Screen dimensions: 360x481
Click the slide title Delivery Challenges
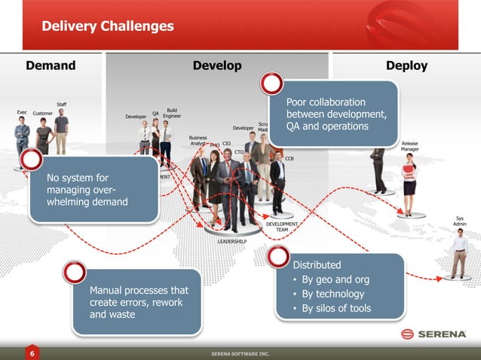[x=108, y=27]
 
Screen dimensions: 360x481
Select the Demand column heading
[x=51, y=66]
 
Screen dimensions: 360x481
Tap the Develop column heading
[x=217, y=66]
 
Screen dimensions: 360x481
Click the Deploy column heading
[x=406, y=66]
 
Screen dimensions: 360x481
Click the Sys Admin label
[x=460, y=221]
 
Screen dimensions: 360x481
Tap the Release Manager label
[x=410, y=146]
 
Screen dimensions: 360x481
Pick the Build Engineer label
[x=172, y=113]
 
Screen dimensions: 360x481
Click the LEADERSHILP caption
[x=232, y=242]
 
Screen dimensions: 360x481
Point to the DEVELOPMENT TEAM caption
[x=282, y=227]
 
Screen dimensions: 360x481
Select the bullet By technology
[x=332, y=294]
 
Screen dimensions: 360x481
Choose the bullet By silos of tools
[x=336, y=308]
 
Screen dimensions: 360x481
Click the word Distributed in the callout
[x=317, y=265]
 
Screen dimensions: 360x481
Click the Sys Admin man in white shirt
[x=459, y=253]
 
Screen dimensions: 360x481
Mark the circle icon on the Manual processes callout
[x=74, y=273]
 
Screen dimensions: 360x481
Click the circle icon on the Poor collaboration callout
[x=271, y=84]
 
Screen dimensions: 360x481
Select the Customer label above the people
[x=43, y=114]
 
